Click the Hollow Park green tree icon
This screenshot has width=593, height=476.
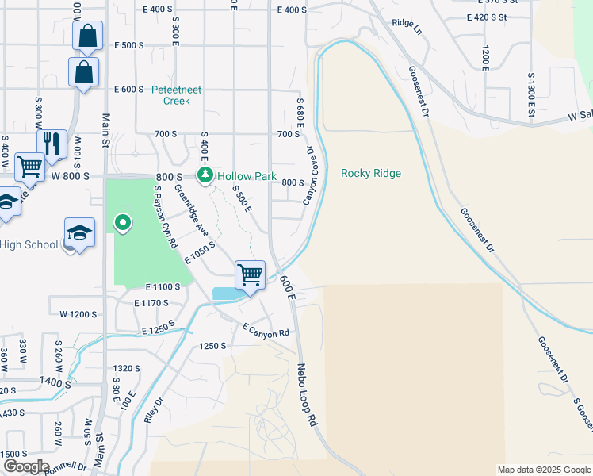(x=205, y=175)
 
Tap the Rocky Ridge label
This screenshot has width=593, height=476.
(x=371, y=173)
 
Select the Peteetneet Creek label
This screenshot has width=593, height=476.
(x=177, y=95)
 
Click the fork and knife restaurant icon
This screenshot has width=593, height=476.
(x=52, y=143)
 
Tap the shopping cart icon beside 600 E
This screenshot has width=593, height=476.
(x=251, y=274)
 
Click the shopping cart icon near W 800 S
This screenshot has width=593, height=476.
(x=29, y=167)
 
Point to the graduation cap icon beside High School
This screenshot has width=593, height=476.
(x=79, y=232)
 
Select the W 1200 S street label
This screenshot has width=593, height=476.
(x=78, y=314)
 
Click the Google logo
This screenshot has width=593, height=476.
(x=26, y=466)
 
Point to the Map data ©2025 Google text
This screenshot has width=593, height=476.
(x=543, y=470)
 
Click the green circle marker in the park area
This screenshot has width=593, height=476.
(x=122, y=225)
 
